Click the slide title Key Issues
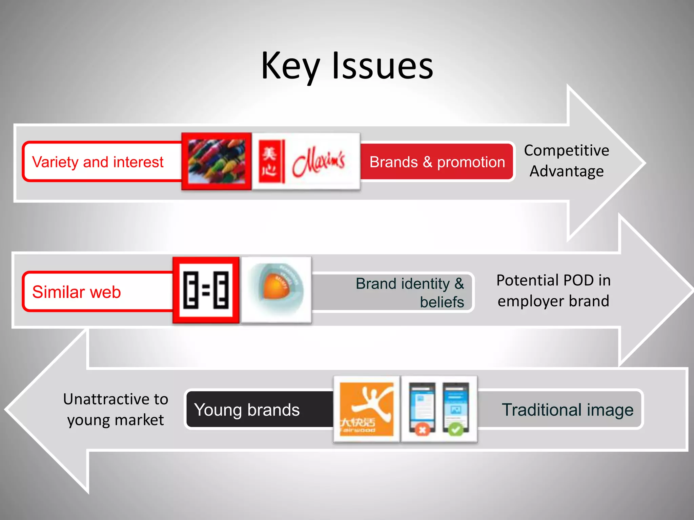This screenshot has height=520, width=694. coord(347,66)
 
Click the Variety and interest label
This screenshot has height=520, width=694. coord(98,162)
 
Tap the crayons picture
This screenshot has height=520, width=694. coord(216,161)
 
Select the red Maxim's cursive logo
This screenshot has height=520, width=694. coord(319,162)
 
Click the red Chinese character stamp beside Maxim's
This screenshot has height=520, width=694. coord(269,161)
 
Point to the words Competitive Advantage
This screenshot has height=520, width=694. coord(567,160)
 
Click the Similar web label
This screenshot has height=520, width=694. coord(77,292)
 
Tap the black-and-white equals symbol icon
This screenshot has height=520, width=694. coord(206,290)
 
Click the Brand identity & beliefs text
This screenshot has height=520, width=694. coord(410,292)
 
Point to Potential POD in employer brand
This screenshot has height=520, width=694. coord(553,290)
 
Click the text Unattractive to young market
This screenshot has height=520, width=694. coord(115,409)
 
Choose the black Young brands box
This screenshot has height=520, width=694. coord(247,410)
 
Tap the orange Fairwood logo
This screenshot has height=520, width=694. coord(366,409)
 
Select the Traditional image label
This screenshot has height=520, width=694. coord(567,410)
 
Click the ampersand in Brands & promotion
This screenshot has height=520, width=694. coord(428,162)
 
